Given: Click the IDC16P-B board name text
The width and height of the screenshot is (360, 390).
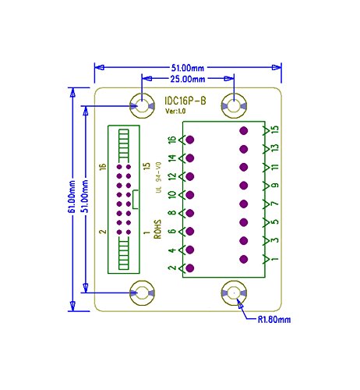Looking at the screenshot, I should coord(186,101).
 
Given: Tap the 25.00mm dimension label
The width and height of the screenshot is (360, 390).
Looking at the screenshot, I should coord(187,79).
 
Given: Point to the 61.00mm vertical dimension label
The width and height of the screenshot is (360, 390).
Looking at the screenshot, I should coord(72,199).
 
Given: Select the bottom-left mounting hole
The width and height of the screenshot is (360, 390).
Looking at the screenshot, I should coord(143,293).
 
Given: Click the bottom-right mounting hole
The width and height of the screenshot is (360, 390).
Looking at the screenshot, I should coord(233,293).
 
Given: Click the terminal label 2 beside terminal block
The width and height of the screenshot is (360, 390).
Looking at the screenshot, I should coord(172,268).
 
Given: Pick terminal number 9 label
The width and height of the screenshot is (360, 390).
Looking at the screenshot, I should coord(276,186).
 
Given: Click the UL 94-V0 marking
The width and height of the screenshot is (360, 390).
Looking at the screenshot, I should coord(157,190).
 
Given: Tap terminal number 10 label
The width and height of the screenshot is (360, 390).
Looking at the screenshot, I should coord(172,195).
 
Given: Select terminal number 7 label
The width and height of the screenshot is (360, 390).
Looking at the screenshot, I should coord(276,204).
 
